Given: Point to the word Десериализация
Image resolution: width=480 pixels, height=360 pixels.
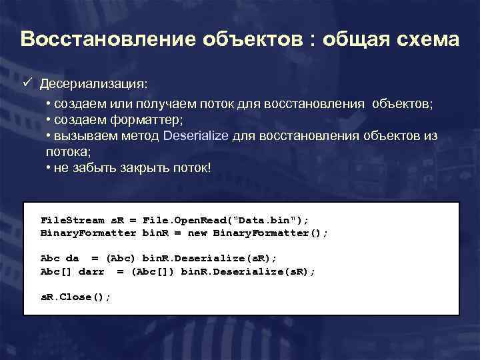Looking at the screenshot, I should click(x=95, y=85).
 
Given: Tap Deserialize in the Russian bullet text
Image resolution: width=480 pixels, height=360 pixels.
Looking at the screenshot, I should click(x=196, y=136).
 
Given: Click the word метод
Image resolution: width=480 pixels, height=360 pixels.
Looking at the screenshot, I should click(x=138, y=136).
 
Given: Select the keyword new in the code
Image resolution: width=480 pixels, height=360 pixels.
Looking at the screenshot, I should click(x=197, y=233).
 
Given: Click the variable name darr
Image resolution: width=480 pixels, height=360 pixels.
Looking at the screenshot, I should click(x=91, y=271).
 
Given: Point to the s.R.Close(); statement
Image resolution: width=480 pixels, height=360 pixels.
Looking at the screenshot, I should click(x=75, y=297).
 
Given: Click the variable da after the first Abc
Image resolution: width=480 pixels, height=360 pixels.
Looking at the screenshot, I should click(x=72, y=258).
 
